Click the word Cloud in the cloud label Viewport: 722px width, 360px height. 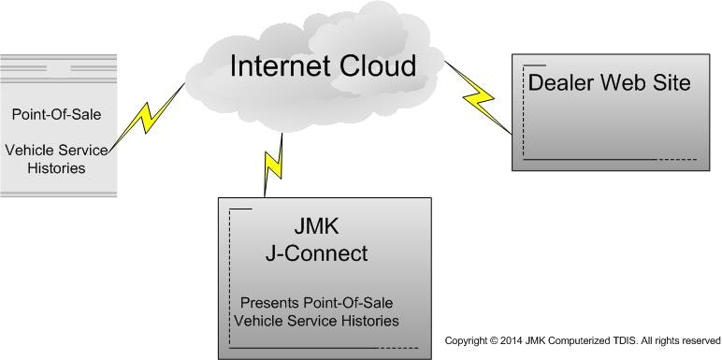[379, 66]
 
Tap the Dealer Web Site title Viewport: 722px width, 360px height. [609, 82]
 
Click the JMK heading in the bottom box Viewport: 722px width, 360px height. [316, 228]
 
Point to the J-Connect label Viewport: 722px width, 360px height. [316, 253]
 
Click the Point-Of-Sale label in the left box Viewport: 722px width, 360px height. [56, 114]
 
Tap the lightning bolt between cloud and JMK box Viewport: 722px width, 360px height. [272, 164]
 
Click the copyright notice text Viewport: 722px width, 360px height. [582, 340]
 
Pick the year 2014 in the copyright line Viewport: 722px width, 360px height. [513, 340]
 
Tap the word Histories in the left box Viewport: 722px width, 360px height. [56, 168]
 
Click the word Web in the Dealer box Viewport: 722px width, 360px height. [625, 82]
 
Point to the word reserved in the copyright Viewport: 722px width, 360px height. [700, 340]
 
